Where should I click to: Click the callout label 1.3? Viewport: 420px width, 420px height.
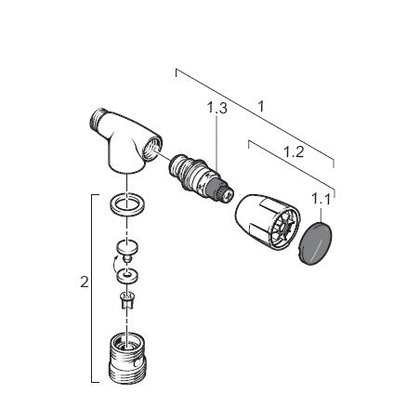click(217, 108)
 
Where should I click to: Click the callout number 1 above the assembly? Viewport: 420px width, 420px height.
click(261, 107)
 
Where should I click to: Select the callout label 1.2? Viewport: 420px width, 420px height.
click(294, 152)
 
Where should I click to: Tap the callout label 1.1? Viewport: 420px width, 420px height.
click(321, 199)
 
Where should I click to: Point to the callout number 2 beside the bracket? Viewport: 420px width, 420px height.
click(85, 282)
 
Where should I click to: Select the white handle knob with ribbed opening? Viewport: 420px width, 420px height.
click(267, 221)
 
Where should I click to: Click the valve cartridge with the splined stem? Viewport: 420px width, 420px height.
click(201, 177)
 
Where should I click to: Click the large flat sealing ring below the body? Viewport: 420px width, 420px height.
click(127, 204)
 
